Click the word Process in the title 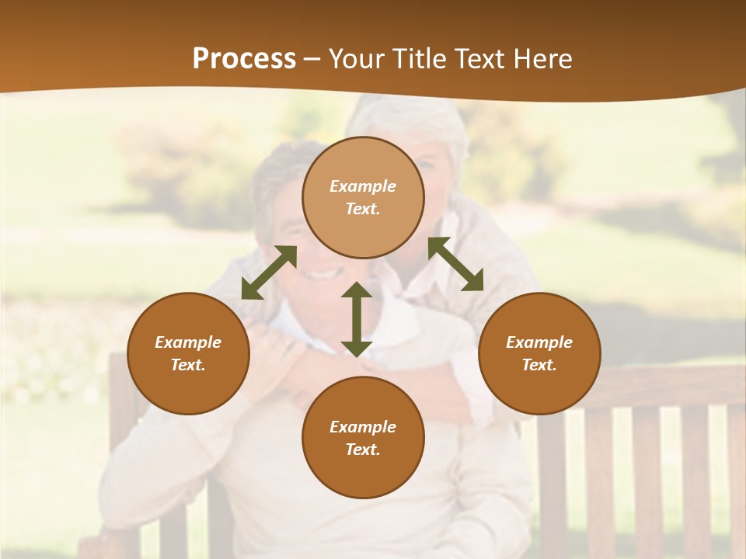tap(244, 59)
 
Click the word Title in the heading tap(418, 59)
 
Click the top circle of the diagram tap(363, 197)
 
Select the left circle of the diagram tap(188, 353)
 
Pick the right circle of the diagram tap(539, 353)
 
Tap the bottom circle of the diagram tap(363, 438)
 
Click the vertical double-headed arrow tap(357, 319)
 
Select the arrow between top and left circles tap(269, 273)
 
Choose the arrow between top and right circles tap(455, 264)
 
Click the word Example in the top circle tap(363, 186)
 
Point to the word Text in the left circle tap(188, 365)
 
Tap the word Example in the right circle tap(539, 342)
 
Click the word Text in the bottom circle tap(363, 450)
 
